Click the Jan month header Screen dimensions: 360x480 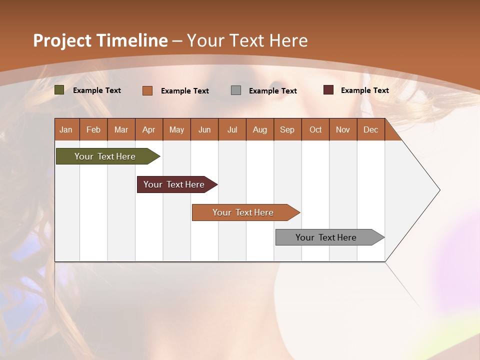tap(66, 129)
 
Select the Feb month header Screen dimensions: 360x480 tap(93, 129)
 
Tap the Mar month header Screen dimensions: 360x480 tap(121, 129)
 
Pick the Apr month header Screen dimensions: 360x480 tap(149, 129)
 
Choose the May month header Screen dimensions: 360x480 tap(176, 129)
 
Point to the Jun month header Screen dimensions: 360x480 tap(204, 129)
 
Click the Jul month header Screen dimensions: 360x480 tap(232, 129)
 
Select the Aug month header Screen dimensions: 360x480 tap(260, 129)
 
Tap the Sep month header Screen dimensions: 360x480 tap(287, 129)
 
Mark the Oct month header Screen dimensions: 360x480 tap(315, 129)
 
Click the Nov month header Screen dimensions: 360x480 tap(343, 129)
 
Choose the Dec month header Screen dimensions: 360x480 tap(371, 129)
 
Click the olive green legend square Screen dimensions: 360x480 tap(59, 90)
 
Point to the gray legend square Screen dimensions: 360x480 tap(236, 90)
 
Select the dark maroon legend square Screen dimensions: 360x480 tap(328, 90)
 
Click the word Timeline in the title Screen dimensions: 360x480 tap(132, 40)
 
